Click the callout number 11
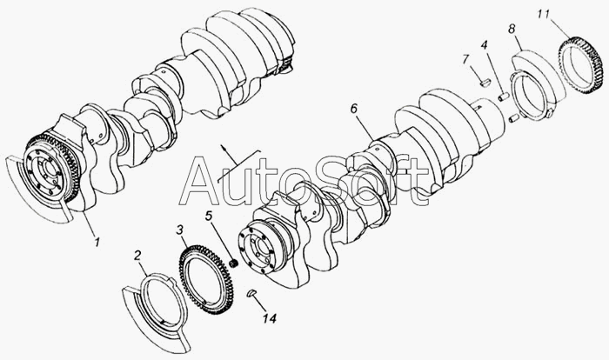[544, 15]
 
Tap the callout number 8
[512, 29]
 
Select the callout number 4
[484, 45]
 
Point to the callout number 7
[465, 59]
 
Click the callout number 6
[353, 109]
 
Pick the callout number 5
[210, 216]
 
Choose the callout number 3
[179, 230]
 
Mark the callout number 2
[137, 255]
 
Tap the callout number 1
[97, 242]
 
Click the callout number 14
[270, 318]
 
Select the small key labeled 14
[251, 292]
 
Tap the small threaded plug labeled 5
[234, 263]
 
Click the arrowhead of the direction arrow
[223, 147]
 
